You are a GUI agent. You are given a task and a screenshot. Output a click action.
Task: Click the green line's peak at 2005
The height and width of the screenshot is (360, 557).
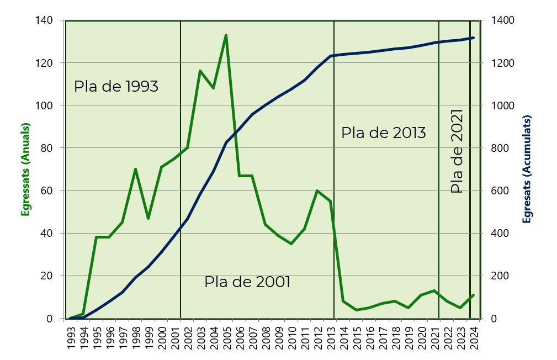click(226, 35)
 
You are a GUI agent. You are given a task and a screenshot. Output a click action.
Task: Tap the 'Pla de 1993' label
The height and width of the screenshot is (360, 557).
click(116, 87)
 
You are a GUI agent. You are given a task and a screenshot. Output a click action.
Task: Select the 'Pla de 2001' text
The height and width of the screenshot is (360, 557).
click(247, 282)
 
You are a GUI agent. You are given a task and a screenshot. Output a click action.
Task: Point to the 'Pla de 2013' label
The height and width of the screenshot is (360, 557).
click(383, 133)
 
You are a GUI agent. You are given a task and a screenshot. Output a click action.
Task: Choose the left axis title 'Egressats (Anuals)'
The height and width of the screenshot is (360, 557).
click(25, 169)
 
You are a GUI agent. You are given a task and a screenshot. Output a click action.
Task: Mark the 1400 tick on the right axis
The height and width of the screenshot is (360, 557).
click(500, 20)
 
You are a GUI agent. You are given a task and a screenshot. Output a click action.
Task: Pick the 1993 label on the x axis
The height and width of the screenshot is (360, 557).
click(70, 334)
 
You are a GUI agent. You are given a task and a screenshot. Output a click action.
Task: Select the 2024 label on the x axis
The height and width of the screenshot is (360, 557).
click(474, 334)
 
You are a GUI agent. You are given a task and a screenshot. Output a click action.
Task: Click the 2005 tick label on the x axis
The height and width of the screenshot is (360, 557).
click(226, 334)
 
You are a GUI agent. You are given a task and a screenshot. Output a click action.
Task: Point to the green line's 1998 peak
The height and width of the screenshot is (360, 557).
click(135, 170)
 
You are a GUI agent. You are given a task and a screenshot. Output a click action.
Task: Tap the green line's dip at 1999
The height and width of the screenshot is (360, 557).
click(148, 218)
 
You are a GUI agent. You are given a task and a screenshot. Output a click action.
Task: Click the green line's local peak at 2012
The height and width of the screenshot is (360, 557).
click(317, 191)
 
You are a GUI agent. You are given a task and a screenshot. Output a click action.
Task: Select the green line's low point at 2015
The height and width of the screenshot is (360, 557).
click(356, 310)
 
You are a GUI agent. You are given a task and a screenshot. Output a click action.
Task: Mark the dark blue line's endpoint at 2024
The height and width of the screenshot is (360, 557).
click(473, 38)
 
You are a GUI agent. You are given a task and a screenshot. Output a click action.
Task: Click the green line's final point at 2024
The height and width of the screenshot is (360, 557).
click(473, 295)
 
